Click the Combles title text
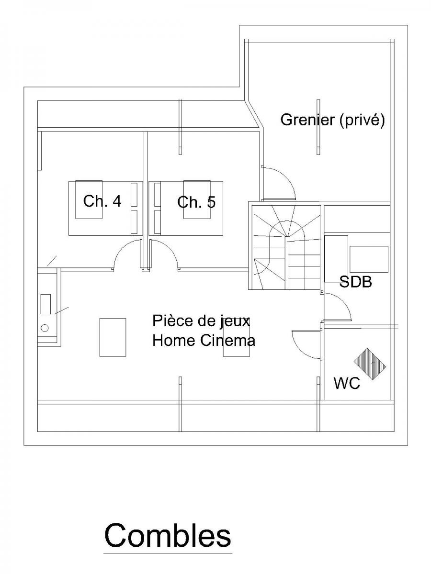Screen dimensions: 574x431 pyautogui.click(x=168, y=535)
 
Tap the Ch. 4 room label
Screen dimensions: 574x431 pyautogui.click(x=102, y=201)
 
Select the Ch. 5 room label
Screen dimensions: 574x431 pyautogui.click(x=196, y=202)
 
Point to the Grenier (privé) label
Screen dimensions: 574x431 pyautogui.click(x=332, y=120)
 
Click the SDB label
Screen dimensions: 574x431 pyautogui.click(x=355, y=282)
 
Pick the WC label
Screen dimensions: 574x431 pyautogui.click(x=347, y=383)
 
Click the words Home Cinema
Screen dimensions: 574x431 pyautogui.click(x=204, y=341)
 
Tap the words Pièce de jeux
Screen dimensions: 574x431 pyautogui.click(x=201, y=320)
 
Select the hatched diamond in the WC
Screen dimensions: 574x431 pyautogui.click(x=370, y=364)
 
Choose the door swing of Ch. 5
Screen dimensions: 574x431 pyautogui.click(x=165, y=256)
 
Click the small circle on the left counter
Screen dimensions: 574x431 pyautogui.click(x=45, y=328)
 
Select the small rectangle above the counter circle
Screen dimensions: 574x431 pyautogui.click(x=45, y=304)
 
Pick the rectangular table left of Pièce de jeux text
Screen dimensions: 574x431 pyautogui.click(x=113, y=337)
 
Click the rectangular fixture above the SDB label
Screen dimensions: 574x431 pyautogui.click(x=369, y=259)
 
